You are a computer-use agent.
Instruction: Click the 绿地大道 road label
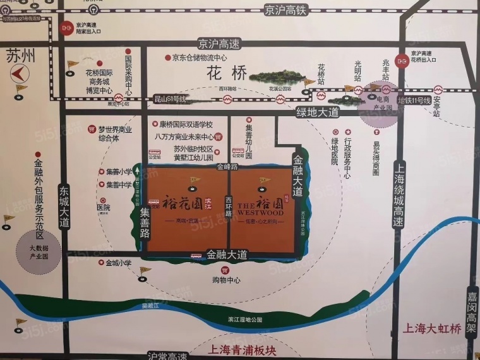tap(318, 112)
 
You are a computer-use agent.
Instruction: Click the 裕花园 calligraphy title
tap(179, 203)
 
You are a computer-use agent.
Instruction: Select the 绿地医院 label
tap(335, 152)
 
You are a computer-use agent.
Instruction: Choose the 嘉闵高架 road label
tap(471, 312)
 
